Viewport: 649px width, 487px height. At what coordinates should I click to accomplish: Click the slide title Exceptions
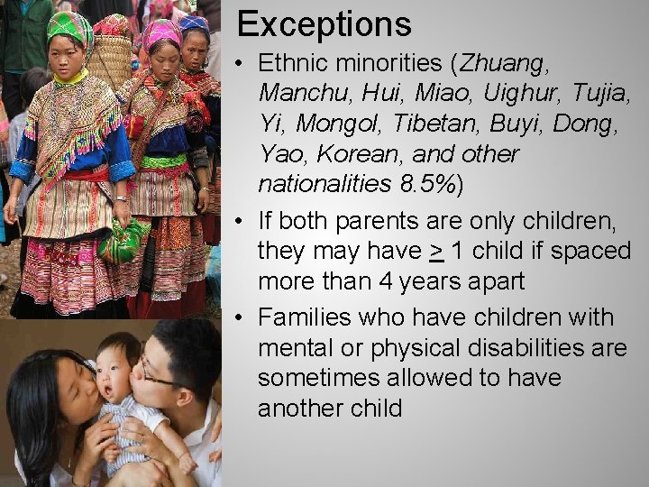click(324, 24)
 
